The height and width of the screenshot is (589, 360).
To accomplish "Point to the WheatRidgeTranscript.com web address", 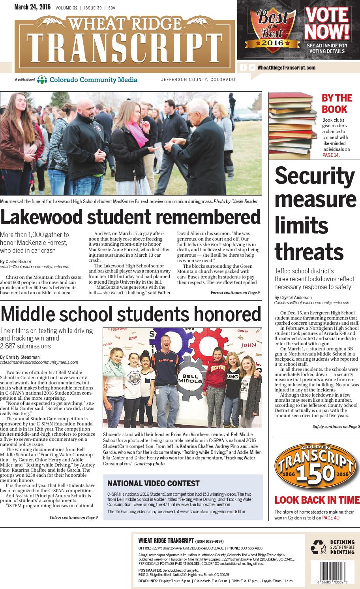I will point(286,68).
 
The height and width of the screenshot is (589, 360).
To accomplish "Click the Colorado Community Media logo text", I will point(93,80).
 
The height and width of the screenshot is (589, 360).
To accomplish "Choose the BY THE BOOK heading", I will point(336,103).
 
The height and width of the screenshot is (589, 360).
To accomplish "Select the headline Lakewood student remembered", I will point(130,218).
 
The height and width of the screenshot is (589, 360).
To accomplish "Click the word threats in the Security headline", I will point(309,251).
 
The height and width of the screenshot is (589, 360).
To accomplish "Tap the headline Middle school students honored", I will point(131,314).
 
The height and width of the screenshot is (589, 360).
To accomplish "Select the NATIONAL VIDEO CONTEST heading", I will point(154,484).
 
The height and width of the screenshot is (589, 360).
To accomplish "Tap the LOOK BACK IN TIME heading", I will point(317,500).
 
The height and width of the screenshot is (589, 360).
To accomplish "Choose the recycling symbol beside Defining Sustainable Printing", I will point(317,547).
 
